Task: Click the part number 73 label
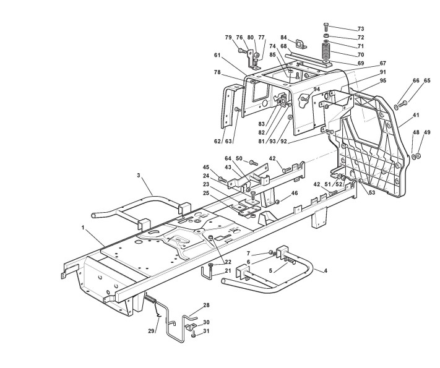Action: [361, 29]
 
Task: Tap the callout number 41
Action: [399, 115]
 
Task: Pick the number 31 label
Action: [207, 331]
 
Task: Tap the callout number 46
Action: [295, 194]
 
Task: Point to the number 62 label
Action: [217, 142]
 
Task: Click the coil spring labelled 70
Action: [326, 49]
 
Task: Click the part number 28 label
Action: [206, 306]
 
